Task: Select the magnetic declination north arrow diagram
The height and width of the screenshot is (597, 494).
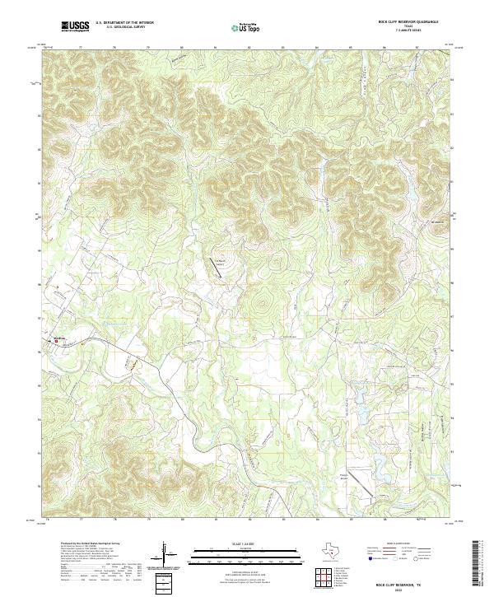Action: (x=167, y=553)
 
